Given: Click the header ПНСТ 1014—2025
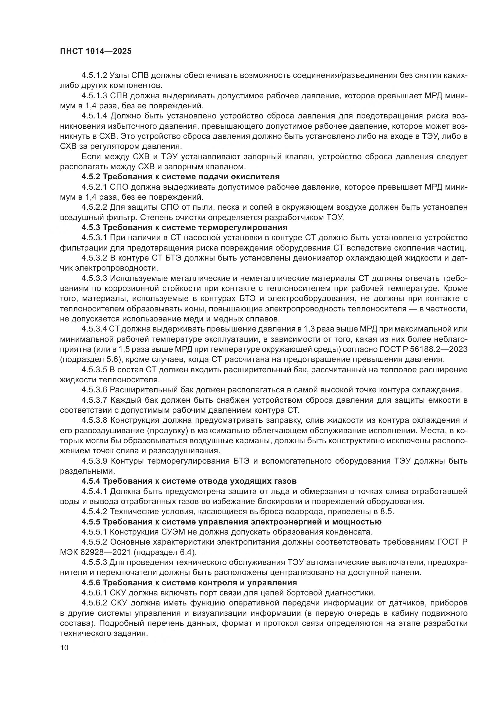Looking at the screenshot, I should [x=96, y=51].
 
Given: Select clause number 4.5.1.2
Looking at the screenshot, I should [x=94, y=75].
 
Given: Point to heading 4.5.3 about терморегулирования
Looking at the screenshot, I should [x=184, y=227].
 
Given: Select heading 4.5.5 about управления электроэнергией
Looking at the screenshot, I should [x=231, y=522].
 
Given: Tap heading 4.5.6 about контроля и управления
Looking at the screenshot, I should [x=189, y=582].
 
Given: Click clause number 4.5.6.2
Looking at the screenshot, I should [x=94, y=603].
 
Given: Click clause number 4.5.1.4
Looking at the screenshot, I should [x=94, y=116].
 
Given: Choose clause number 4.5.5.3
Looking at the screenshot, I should [x=94, y=562].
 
